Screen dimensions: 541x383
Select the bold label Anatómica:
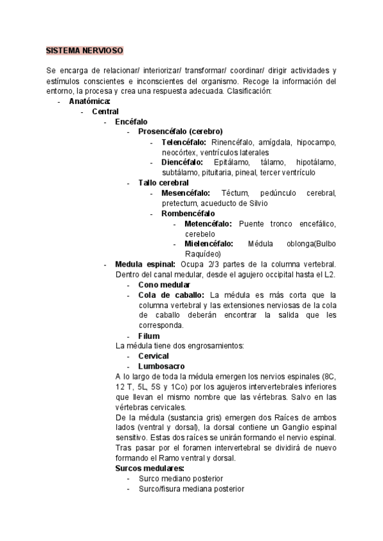(89, 101)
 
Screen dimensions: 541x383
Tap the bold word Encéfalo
(131, 121)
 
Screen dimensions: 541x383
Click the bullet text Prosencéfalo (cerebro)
(181, 131)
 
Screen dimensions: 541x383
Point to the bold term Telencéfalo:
(184, 142)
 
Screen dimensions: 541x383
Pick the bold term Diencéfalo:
(182, 162)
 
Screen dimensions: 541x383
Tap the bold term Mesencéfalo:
(185, 193)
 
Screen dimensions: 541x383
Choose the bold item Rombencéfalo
(188, 213)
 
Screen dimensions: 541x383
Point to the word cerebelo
(200, 233)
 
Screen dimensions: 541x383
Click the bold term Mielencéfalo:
(209, 244)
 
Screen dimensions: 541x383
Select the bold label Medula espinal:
(145, 264)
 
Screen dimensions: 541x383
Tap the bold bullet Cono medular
(164, 285)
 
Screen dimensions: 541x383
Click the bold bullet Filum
(149, 336)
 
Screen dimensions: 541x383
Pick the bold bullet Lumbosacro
(161, 366)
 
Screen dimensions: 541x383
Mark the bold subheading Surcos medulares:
(149, 468)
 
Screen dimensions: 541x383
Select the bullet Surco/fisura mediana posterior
(191, 489)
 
